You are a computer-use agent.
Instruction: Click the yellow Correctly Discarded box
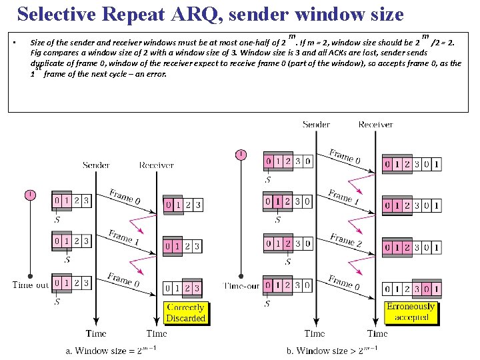[185, 313]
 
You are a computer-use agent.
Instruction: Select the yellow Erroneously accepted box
[411, 312]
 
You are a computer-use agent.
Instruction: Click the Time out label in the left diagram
[31, 285]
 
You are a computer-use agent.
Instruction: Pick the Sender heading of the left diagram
[96, 165]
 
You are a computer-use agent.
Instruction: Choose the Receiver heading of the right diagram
[375, 125]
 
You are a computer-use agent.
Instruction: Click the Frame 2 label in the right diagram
[345, 240]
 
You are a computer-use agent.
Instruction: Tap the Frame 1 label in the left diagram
[124, 239]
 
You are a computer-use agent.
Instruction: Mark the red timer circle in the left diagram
[30, 195]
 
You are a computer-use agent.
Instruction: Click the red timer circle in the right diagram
[241, 155]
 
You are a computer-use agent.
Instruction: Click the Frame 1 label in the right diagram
[344, 198]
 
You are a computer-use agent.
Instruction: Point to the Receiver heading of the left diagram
[156, 165]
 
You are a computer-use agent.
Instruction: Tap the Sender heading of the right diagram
[316, 125]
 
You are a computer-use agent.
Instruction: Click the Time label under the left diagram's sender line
[96, 333]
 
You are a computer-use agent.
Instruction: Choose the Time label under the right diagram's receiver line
[377, 333]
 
